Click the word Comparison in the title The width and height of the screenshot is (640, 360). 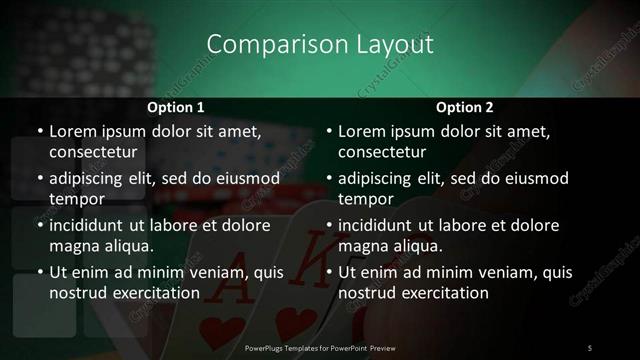click(263, 44)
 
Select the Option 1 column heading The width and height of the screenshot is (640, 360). click(176, 107)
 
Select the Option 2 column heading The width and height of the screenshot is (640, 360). click(465, 107)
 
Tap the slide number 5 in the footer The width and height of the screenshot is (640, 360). click(590, 347)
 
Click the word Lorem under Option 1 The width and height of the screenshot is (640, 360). click(73, 131)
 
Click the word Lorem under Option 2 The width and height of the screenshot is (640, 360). click(362, 131)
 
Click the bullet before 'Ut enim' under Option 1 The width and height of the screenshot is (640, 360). click(39, 272)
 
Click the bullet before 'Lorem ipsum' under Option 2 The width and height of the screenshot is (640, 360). click(328, 131)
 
